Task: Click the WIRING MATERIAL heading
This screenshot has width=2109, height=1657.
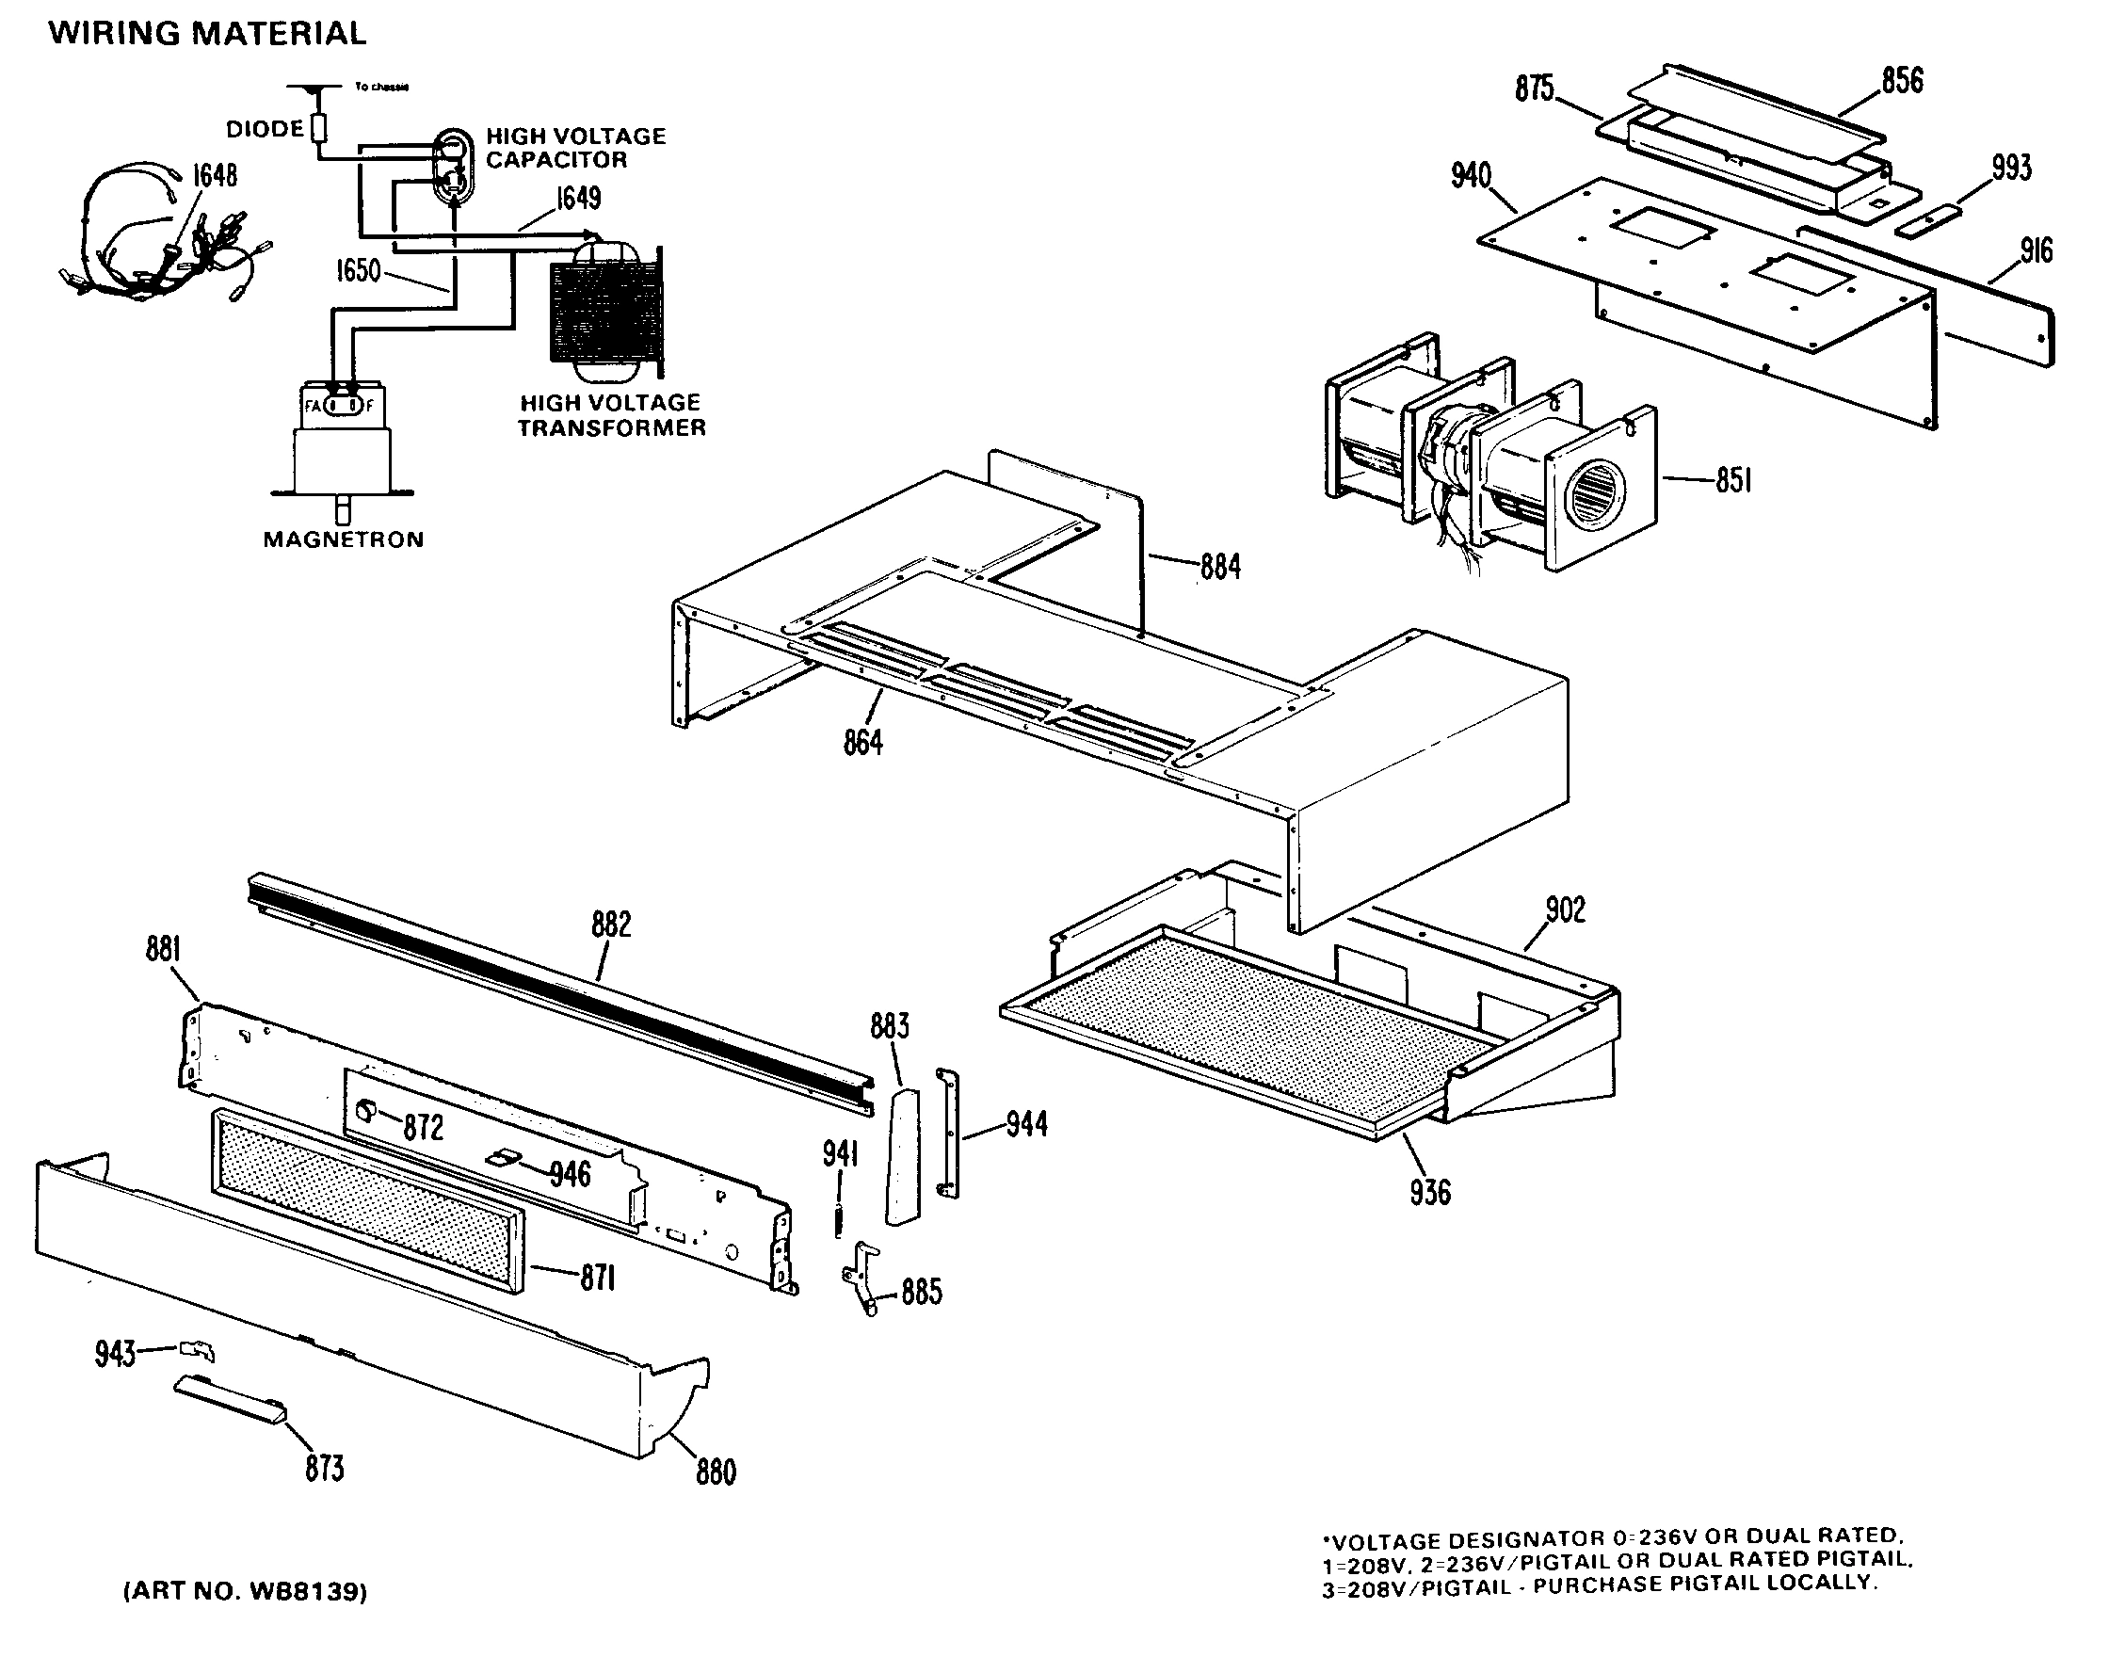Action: [207, 34]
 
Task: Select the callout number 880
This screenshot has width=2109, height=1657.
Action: [715, 1472]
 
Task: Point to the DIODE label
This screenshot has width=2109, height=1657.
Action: [264, 129]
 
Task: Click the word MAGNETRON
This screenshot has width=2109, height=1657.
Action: [344, 539]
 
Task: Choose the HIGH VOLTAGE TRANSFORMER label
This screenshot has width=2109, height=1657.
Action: [611, 415]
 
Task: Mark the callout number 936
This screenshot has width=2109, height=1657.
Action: [1430, 1192]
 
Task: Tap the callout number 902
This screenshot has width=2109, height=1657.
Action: [1565, 910]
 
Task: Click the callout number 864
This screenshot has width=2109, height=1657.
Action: [862, 743]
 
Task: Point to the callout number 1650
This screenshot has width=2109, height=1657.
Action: [358, 270]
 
